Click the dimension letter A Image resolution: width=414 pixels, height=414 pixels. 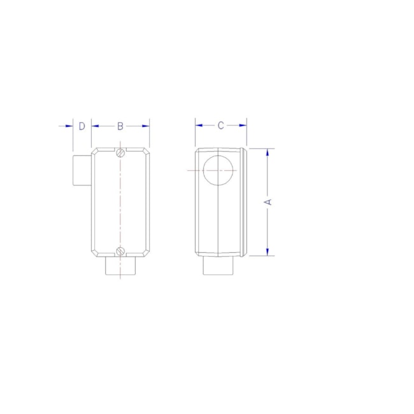[269, 201]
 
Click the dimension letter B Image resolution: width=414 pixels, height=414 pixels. [120, 126]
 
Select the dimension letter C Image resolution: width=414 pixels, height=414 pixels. [221, 125]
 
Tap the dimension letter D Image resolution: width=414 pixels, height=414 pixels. [82, 126]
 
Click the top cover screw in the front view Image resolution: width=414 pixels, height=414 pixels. [120, 153]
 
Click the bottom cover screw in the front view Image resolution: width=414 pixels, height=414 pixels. [120, 250]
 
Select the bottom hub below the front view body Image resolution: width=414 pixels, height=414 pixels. [120, 266]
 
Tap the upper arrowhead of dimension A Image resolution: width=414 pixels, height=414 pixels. [268, 153]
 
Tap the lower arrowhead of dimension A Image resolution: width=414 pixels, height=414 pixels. [268, 251]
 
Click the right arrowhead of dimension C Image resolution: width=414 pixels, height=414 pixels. [243, 125]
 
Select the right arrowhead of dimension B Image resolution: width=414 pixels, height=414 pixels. [146, 126]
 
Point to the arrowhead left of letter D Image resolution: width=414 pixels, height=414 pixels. [69, 126]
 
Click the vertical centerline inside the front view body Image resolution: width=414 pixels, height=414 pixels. [120, 201]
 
